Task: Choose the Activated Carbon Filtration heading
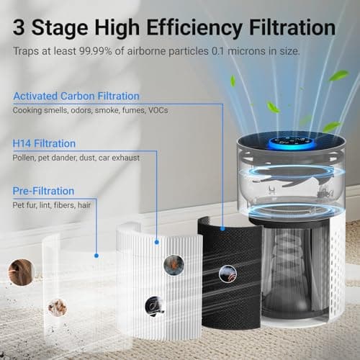[x=76, y=96]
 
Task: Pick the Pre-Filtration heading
[x=43, y=191]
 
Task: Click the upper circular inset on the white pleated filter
[x=173, y=264]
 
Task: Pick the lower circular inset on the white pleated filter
[x=154, y=305]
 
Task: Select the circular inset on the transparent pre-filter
[x=57, y=308]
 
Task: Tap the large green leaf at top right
[x=338, y=75]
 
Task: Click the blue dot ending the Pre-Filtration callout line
[x=96, y=253]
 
